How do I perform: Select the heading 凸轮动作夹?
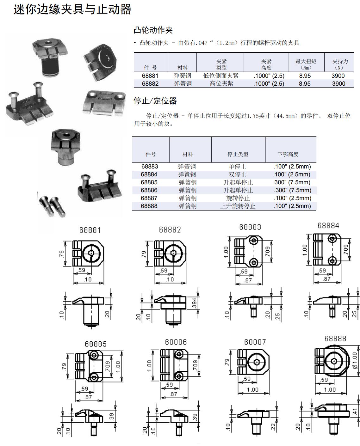(x=153, y=30)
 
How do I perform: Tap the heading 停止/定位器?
(x=155, y=101)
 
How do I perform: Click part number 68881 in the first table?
(x=150, y=76)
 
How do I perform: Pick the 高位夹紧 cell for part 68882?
(x=221, y=84)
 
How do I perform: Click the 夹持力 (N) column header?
(x=340, y=64)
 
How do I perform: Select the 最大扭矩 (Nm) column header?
(x=306, y=64)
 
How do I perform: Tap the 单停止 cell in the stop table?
(x=237, y=167)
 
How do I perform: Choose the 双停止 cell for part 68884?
(x=237, y=174)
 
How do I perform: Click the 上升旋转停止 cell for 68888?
(x=238, y=206)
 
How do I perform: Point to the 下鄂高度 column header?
(x=288, y=154)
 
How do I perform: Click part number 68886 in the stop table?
(x=149, y=190)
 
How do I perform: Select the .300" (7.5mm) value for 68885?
(x=292, y=182)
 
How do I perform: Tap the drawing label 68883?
(x=250, y=227)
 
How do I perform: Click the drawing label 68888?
(x=335, y=339)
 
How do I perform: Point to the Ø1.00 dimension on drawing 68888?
(x=355, y=361)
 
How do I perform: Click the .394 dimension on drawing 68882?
(x=194, y=303)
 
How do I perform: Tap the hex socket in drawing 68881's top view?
(x=91, y=253)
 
